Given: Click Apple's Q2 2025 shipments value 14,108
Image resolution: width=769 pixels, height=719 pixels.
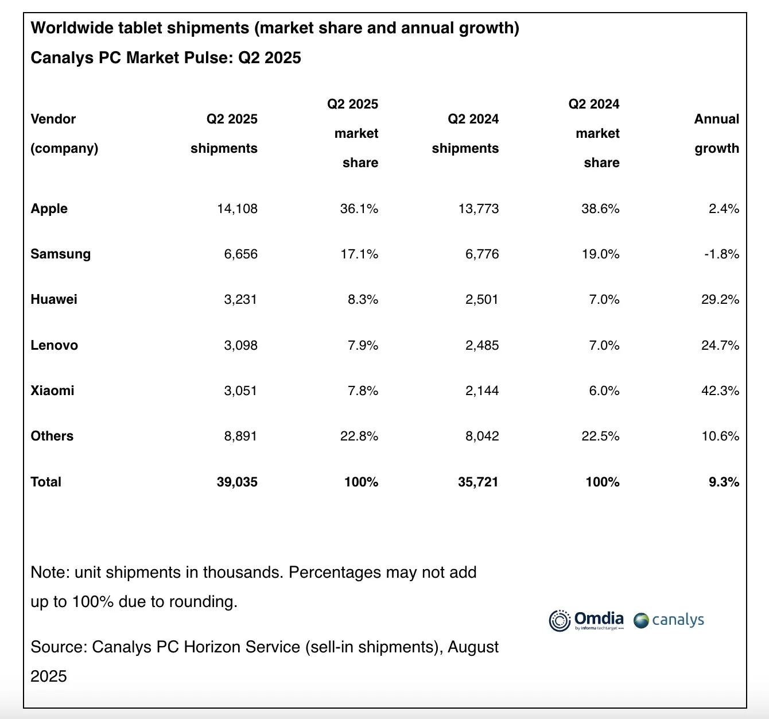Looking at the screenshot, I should (237, 208).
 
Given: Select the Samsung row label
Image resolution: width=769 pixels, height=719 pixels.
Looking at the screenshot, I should (60, 254).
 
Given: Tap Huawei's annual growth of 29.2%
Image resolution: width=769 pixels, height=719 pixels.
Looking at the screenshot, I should (720, 299).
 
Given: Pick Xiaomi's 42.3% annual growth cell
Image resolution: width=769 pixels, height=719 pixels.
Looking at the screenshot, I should (720, 391).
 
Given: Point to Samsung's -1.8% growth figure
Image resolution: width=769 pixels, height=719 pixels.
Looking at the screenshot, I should (721, 254).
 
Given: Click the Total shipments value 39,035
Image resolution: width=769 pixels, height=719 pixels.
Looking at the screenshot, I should (237, 482).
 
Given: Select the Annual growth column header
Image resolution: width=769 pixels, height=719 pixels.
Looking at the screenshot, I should (716, 133).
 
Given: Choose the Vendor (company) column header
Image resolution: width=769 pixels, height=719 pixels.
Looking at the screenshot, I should (64, 133).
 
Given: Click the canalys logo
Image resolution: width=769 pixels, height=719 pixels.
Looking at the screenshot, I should (669, 620).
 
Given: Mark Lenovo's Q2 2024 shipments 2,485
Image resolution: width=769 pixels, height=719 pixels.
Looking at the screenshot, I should (482, 345).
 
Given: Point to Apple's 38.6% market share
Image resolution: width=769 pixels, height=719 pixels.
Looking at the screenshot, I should (600, 208).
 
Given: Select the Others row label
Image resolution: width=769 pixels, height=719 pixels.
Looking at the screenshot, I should (52, 436).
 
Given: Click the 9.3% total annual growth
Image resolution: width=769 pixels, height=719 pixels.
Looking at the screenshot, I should (724, 482).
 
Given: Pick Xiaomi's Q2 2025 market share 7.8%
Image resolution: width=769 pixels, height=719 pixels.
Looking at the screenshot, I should (363, 391).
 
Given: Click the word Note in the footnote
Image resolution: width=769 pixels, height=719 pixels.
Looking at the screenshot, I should (48, 572).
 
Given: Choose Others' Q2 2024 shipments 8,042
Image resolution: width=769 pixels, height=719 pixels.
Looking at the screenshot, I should (482, 436).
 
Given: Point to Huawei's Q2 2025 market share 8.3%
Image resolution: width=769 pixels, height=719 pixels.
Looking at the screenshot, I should (363, 299).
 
